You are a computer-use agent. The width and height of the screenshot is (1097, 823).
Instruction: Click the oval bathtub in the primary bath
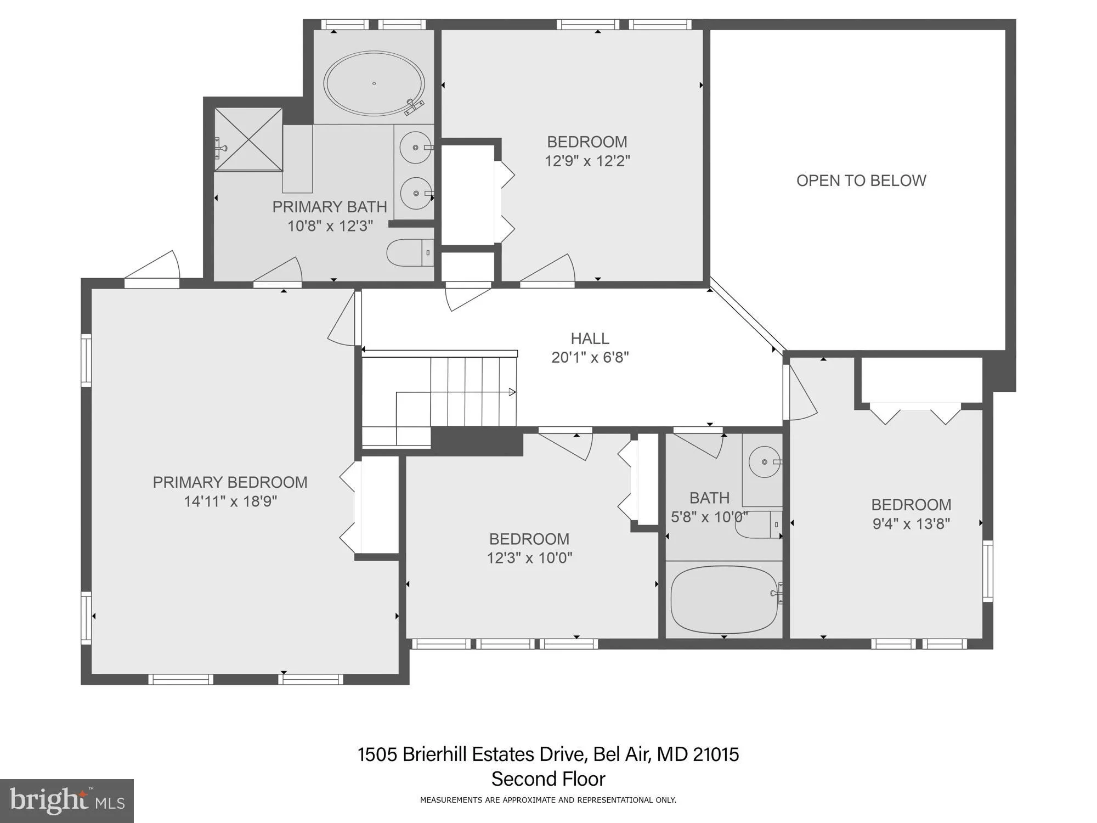pos(374,84)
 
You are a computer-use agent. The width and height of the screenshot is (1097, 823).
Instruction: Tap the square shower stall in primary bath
pos(248,140)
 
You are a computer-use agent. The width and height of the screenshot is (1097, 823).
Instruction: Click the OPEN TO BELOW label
pos(861,181)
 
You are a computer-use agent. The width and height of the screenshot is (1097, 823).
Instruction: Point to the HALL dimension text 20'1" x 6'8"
pos(590,358)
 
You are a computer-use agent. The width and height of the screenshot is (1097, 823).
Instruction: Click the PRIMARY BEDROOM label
pos(230,482)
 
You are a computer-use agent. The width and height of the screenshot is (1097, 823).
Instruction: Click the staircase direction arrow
pos(511,392)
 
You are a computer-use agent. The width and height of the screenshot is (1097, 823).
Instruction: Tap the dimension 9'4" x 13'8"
pos(911,524)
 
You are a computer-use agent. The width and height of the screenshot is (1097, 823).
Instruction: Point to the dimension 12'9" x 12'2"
pos(587,161)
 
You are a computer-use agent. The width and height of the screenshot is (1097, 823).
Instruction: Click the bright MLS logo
pos(67,801)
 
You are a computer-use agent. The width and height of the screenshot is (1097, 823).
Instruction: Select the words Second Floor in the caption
pos(548,779)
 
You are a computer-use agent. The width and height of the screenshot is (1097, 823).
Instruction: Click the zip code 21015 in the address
pos(716,754)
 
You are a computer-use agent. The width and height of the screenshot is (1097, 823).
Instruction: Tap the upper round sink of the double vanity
pos(415,147)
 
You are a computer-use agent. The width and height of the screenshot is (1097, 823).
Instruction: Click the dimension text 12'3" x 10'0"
pos(529,558)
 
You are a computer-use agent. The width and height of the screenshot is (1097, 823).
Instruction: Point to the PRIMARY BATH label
pos(330,207)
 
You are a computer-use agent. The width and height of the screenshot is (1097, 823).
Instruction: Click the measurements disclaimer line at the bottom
pos(548,801)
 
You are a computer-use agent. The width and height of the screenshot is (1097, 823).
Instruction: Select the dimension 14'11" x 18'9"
pos(230,501)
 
